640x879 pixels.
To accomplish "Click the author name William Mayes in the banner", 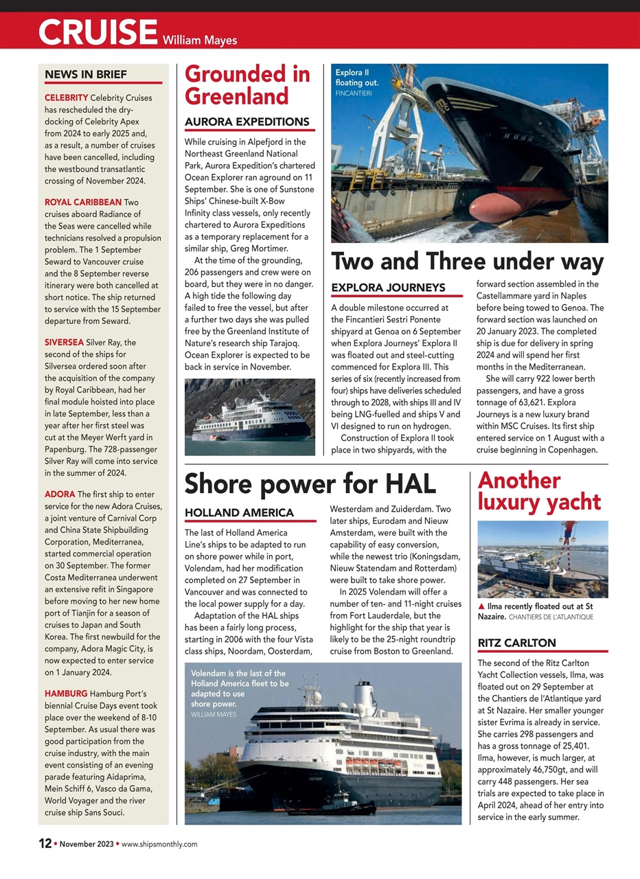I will point(201,40).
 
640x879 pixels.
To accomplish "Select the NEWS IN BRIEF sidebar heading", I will point(86,74).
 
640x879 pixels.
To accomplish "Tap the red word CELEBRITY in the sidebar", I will point(66,98).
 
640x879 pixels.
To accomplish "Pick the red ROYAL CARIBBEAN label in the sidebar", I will point(83,202).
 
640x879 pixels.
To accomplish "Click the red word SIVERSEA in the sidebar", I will point(64,342).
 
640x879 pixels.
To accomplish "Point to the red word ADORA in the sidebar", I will point(60,494).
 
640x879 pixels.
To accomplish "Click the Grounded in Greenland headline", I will point(247,85).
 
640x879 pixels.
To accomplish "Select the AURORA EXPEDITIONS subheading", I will point(247,122).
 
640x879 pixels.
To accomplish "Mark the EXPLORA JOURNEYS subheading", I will point(388,287).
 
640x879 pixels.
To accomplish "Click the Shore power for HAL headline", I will point(310,483).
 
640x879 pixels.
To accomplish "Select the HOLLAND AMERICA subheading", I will point(239,512).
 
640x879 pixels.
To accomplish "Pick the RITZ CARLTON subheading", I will point(516,643).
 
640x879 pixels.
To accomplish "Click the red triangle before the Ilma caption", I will point(481,607).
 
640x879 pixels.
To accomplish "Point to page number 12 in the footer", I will point(44,843).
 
